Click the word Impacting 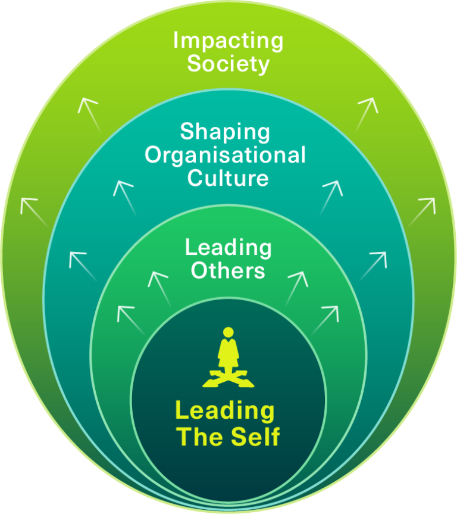(x=228, y=42)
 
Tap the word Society (x=228, y=64)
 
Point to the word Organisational (x=226, y=155)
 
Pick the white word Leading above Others (x=228, y=248)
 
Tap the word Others (x=228, y=270)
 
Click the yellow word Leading (x=224, y=411)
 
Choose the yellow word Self (x=255, y=437)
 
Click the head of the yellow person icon (x=228, y=332)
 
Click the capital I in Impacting (x=176, y=41)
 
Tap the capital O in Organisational (x=154, y=155)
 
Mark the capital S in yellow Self (x=236, y=437)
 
